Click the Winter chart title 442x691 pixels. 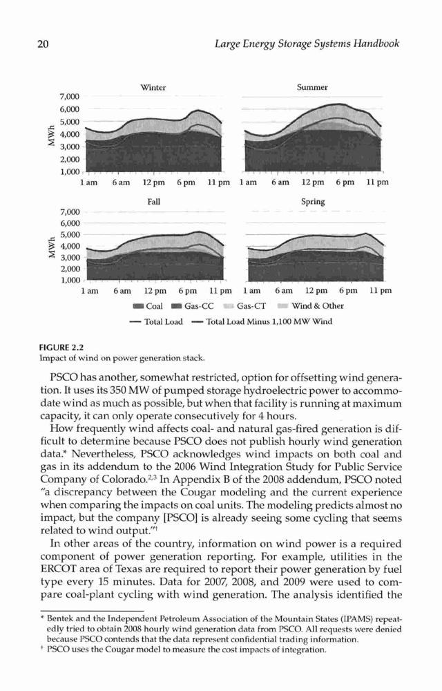[x=153, y=87]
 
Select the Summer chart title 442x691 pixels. [x=312, y=87]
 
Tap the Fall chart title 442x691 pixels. [x=153, y=201]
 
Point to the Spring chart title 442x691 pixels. [x=313, y=201]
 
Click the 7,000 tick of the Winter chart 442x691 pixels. [x=70, y=97]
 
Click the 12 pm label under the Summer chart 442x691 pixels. [x=312, y=182]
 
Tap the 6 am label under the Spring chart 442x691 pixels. [x=284, y=291]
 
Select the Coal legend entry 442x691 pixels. [x=147, y=306]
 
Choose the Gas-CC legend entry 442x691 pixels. [x=193, y=306]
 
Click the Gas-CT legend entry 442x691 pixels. [x=244, y=306]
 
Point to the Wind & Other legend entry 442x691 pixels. [x=311, y=306]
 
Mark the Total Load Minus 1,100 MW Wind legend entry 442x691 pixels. [x=262, y=322]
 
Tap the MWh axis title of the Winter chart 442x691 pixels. [x=51, y=134]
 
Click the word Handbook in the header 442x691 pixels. [x=378, y=44]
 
